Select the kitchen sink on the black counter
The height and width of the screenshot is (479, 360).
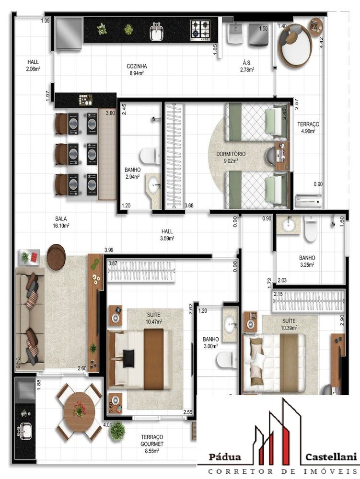pos(156,32)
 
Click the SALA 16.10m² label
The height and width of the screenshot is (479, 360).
pos(61,222)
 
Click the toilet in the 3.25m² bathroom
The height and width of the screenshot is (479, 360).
pos(311,228)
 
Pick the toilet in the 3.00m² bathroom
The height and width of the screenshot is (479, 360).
pos(227,360)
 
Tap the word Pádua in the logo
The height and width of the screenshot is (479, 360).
pos(225,457)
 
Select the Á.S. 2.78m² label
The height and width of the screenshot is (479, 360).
pos(247,66)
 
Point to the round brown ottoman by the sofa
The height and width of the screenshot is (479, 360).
pos(56,257)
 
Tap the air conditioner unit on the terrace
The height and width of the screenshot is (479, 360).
pos(309,200)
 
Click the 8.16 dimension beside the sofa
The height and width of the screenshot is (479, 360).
pos(18,363)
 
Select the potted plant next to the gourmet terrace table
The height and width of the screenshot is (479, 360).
pos(117,432)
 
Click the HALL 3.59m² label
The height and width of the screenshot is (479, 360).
pos(167,235)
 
